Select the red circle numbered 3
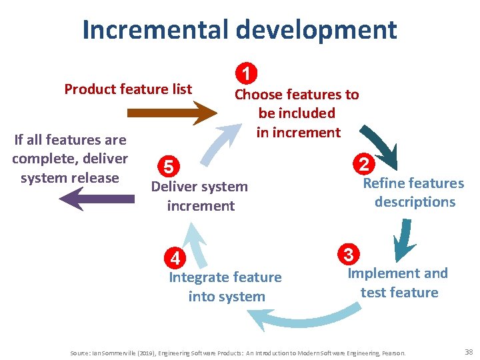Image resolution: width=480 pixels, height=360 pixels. point(349,254)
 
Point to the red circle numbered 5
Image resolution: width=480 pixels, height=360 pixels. point(169,166)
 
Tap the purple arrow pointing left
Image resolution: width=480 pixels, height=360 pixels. point(96,199)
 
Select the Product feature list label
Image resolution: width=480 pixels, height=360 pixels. point(128,89)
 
